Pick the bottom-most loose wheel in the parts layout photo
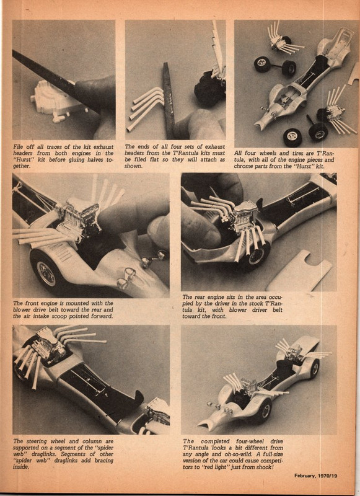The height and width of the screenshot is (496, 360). click(x=292, y=136)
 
